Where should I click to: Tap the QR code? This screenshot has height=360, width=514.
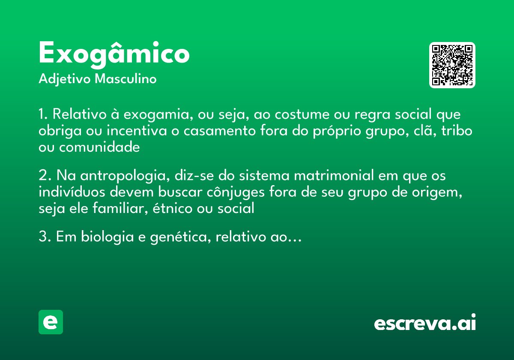point(452,65)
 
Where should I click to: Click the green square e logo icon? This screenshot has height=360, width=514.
point(51,322)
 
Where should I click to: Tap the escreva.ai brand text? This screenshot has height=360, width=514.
point(425,323)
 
